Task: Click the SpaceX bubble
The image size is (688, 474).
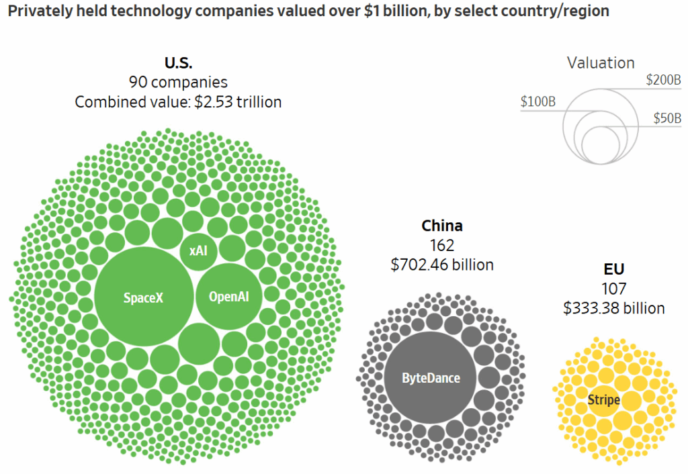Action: (x=144, y=296)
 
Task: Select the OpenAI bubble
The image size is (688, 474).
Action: (x=229, y=296)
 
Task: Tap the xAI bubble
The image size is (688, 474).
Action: (x=199, y=251)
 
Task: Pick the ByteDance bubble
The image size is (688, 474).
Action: (x=430, y=377)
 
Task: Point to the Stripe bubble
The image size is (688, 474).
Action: (x=604, y=399)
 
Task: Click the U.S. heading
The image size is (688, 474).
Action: (x=179, y=63)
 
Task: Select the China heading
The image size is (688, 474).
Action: (x=442, y=226)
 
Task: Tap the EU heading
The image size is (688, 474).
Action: (x=614, y=269)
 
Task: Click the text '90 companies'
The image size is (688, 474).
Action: (x=178, y=83)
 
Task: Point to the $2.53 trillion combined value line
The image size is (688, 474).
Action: (x=178, y=102)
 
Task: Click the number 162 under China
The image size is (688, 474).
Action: (x=442, y=246)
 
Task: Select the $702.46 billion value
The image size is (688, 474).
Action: (x=442, y=265)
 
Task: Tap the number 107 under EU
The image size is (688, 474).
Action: (x=614, y=289)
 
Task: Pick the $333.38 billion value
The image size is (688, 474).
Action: (x=614, y=308)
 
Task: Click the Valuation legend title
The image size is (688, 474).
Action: (x=601, y=63)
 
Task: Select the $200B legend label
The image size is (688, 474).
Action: (x=663, y=81)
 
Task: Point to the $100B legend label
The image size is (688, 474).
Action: (x=538, y=102)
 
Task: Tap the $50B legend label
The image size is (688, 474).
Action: (x=667, y=118)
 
